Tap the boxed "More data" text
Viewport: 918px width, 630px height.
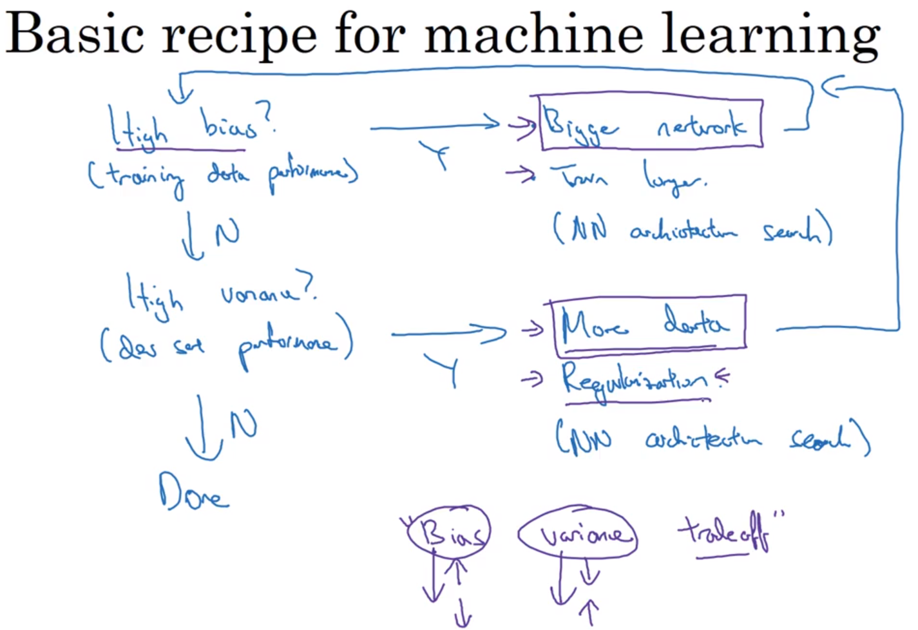coord(647,324)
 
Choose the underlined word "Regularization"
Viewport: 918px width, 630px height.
coord(635,380)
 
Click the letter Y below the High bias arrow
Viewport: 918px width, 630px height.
coord(437,155)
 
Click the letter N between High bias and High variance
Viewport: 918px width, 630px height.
coord(227,232)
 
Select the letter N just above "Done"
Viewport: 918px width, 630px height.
coord(243,425)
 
